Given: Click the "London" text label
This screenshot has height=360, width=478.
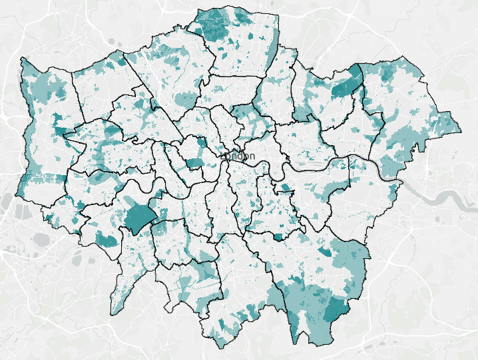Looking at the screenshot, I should [x=238, y=156].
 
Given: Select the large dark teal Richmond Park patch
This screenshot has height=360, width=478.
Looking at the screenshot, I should [x=138, y=218].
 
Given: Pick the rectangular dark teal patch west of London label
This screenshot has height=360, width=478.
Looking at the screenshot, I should [x=193, y=163].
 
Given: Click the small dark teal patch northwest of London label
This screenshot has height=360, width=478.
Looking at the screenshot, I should [x=202, y=142].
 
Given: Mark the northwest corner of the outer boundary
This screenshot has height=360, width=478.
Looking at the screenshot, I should [x=23, y=59].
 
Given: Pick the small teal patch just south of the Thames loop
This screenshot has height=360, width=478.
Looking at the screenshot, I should [x=285, y=188].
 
